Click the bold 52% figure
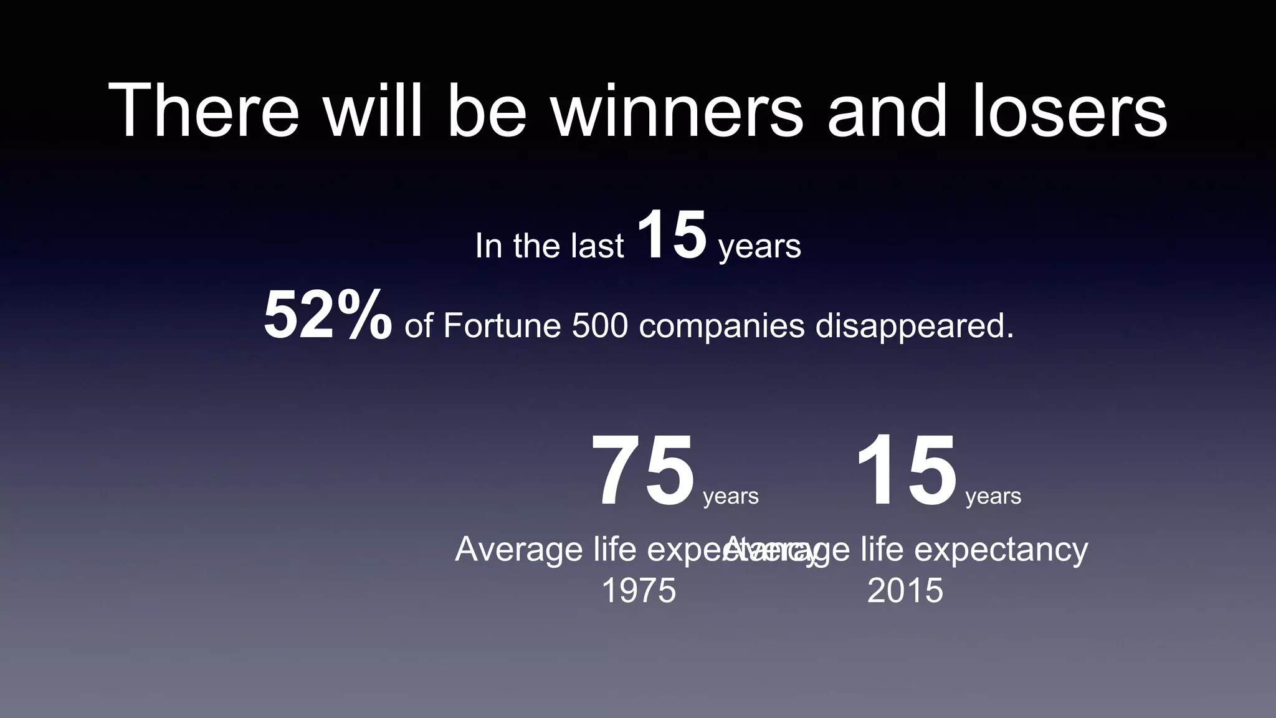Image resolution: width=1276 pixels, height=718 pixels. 328,316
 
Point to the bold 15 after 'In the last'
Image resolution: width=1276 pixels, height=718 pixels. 672,236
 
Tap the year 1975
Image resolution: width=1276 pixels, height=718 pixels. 639,590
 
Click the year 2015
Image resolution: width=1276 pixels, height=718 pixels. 905,590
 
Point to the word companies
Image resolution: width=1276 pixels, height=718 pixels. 721,327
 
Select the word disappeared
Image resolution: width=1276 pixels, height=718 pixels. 915,327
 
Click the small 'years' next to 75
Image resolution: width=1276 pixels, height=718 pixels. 731,497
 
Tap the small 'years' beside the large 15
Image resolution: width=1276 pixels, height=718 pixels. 993,497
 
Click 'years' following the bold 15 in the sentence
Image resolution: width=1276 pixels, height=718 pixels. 759,247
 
